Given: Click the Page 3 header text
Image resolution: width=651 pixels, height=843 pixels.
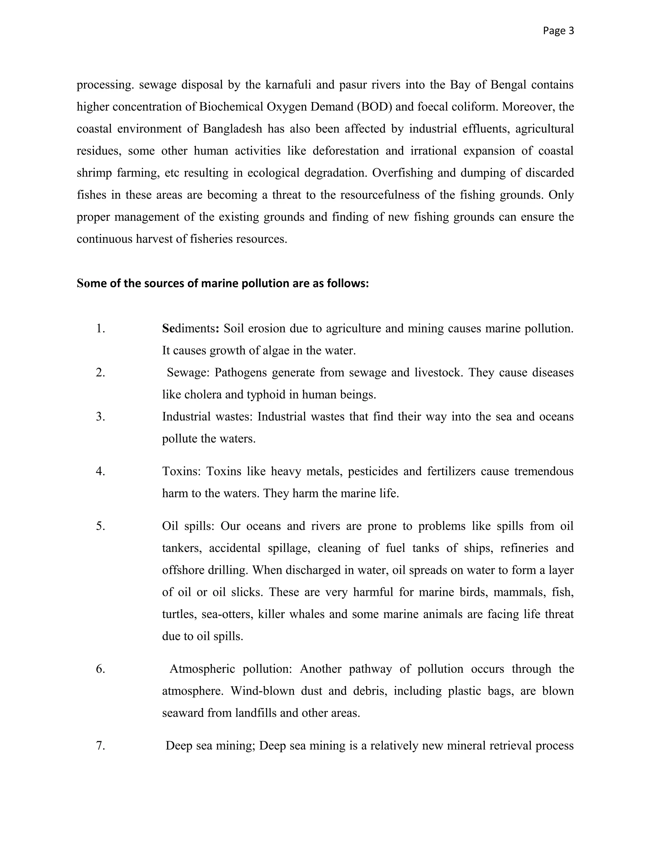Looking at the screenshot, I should (558, 31).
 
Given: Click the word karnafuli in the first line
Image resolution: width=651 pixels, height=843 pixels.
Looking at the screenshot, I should (288, 85).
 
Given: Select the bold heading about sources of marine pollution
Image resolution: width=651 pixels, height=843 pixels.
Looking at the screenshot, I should (223, 283).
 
